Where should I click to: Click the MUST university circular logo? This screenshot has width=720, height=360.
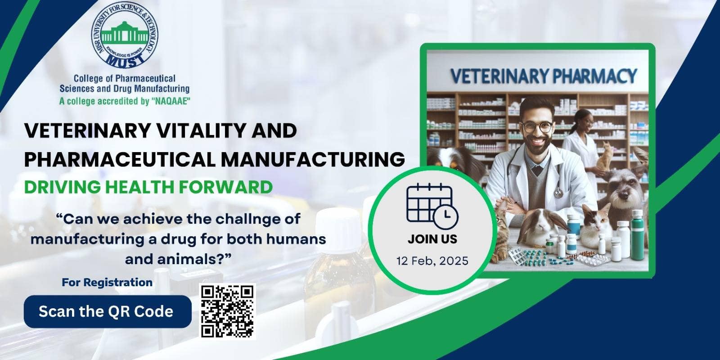(124, 36)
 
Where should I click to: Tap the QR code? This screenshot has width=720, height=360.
(228, 311)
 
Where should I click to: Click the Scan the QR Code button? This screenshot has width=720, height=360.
(108, 311)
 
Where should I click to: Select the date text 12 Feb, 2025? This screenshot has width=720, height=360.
(432, 261)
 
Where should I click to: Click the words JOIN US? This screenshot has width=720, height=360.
(432, 239)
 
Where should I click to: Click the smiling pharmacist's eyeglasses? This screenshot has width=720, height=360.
(537, 127)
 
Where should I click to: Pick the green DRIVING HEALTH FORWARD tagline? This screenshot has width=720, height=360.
(148, 187)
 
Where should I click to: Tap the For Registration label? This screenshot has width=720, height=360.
(107, 282)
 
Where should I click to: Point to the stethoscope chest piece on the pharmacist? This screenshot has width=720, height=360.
(558, 193)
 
